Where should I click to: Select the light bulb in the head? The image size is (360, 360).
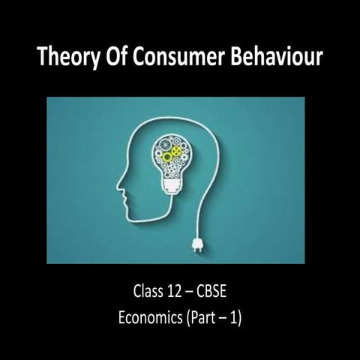click(179, 154)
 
